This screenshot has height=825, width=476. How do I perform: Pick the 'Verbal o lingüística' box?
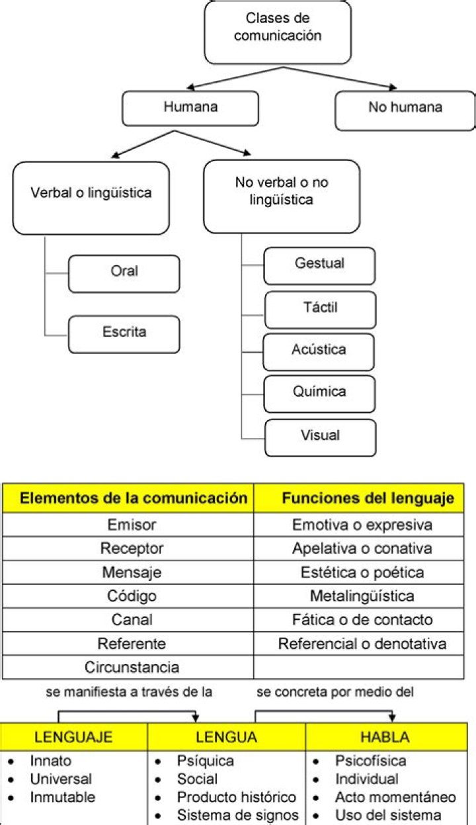pos(91,196)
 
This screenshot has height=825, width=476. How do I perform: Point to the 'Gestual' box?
pos(319,265)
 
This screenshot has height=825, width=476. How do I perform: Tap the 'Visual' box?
pos(320,437)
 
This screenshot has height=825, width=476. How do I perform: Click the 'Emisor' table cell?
pos(128,525)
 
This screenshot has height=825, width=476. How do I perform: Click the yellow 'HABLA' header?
pos(384,736)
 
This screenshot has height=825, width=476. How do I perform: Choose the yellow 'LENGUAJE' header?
pos(73,736)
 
